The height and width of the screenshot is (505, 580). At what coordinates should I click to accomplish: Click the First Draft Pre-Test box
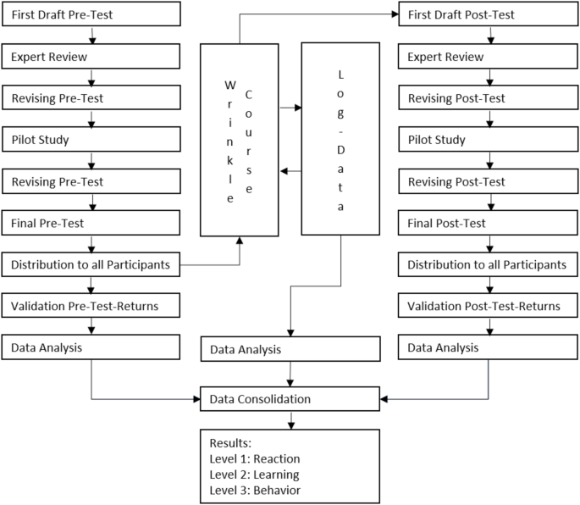point(92,14)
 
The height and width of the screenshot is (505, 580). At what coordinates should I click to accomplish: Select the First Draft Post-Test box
point(489,14)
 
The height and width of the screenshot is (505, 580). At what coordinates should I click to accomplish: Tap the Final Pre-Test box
point(92,223)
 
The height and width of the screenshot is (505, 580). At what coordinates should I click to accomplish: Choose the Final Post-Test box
point(489,223)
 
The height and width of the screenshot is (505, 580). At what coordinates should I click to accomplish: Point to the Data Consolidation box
point(290,398)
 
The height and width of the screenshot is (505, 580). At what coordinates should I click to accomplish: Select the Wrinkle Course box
point(240,140)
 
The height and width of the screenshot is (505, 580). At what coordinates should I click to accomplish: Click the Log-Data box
point(341,140)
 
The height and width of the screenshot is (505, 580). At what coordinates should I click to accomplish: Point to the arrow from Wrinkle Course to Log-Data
point(291,108)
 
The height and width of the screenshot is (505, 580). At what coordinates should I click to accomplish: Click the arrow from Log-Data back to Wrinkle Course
point(291,171)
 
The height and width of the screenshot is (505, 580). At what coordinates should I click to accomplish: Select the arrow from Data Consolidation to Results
point(291,419)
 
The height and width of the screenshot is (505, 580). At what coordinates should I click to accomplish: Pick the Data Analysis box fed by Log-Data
point(290,348)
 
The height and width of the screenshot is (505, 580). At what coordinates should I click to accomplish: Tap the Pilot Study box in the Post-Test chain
point(489,140)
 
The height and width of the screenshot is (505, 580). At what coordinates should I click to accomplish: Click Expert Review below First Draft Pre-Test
point(92,57)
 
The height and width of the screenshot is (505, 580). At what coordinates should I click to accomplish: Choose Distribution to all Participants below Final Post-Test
point(489,264)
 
